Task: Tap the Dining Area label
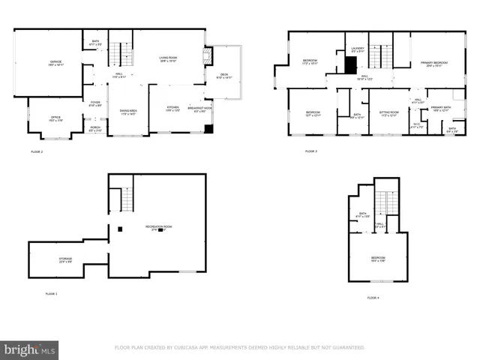pyautogui.click(x=128, y=112)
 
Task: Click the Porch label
pyautogui.click(x=95, y=128)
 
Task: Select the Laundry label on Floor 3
pyautogui.click(x=357, y=49)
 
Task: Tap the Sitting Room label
pyautogui.click(x=388, y=114)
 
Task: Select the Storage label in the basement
pyautogui.click(x=66, y=259)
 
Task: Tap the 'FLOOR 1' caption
pyautogui.click(x=51, y=293)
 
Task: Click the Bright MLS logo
pyautogui.click(x=30, y=350)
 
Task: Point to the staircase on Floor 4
pyautogui.click(x=385, y=202)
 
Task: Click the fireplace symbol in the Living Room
pyautogui.click(x=208, y=56)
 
